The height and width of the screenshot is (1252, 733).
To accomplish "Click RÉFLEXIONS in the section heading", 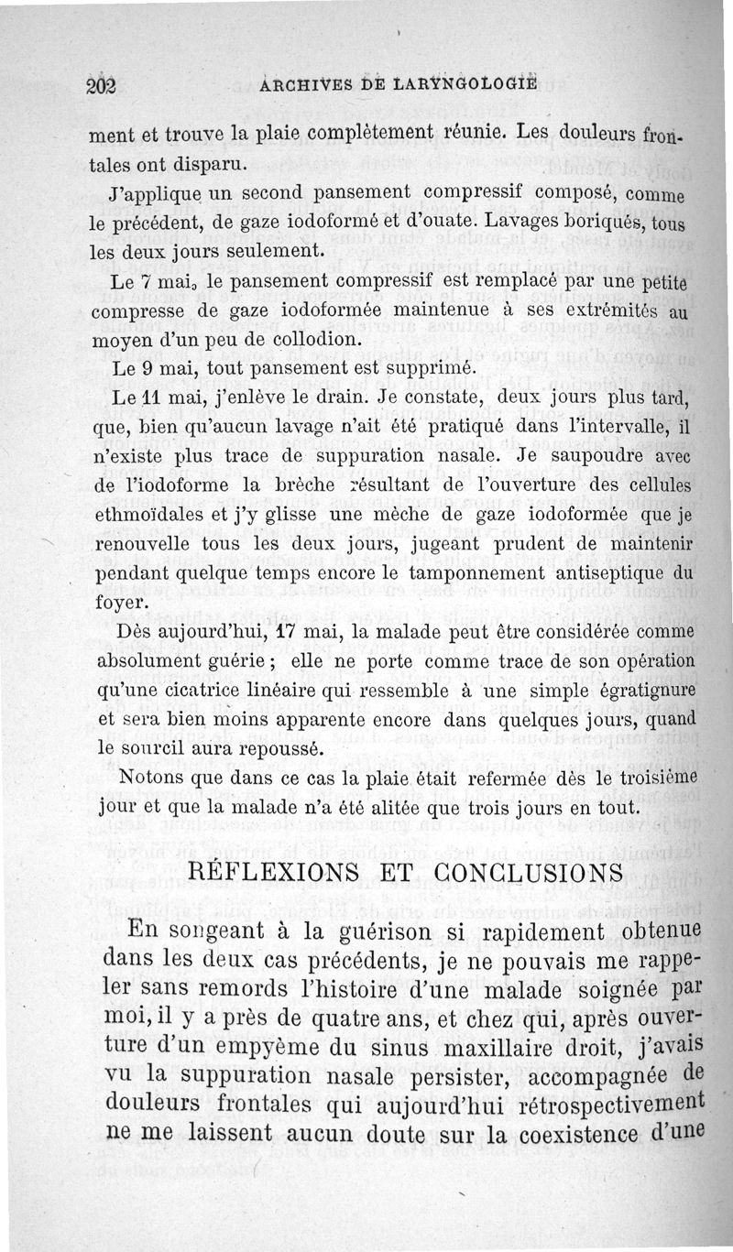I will pyautogui.click(x=274, y=871).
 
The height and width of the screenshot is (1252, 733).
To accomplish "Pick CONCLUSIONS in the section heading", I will pyautogui.click(x=500, y=871).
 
